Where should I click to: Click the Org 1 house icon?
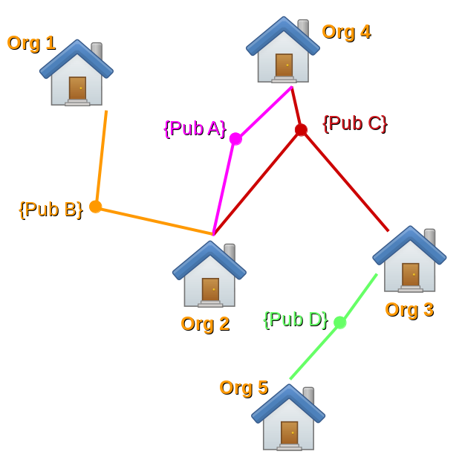[77, 74]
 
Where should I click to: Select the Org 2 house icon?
[209, 275]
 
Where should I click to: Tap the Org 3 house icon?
[409, 260]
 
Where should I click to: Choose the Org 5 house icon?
[288, 418]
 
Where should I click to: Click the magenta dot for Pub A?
[235, 139]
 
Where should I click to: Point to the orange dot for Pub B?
[95, 207]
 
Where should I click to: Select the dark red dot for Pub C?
[301, 130]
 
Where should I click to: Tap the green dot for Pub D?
[339, 323]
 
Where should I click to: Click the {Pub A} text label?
[195, 129]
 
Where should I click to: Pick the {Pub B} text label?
[51, 210]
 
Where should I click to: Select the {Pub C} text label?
[355, 123]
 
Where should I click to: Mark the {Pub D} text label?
[296, 320]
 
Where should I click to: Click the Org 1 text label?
[31, 43]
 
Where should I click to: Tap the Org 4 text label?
[346, 32]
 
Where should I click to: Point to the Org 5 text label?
[244, 388]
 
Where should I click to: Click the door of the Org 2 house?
[210, 290]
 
